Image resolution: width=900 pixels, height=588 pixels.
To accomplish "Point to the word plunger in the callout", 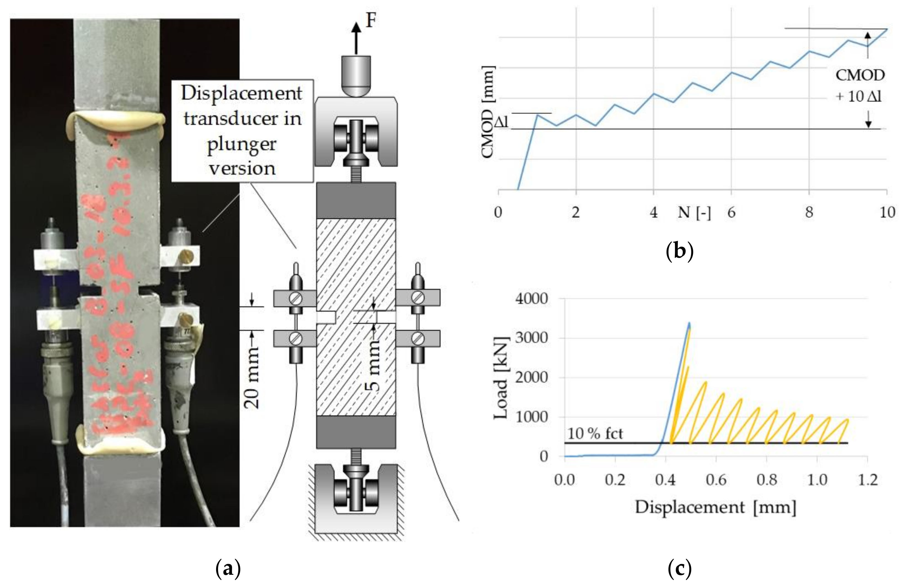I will [x=242, y=144].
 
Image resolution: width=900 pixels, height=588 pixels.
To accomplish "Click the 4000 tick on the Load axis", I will [x=531, y=299].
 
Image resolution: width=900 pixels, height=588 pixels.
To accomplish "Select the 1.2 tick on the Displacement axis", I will [x=867, y=480].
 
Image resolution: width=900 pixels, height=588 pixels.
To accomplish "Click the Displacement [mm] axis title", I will [x=716, y=507].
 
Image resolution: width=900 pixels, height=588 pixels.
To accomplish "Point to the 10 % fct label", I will [x=595, y=433].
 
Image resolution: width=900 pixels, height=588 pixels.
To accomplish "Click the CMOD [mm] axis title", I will [x=488, y=112].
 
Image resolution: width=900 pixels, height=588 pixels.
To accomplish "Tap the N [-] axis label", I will [x=694, y=213].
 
